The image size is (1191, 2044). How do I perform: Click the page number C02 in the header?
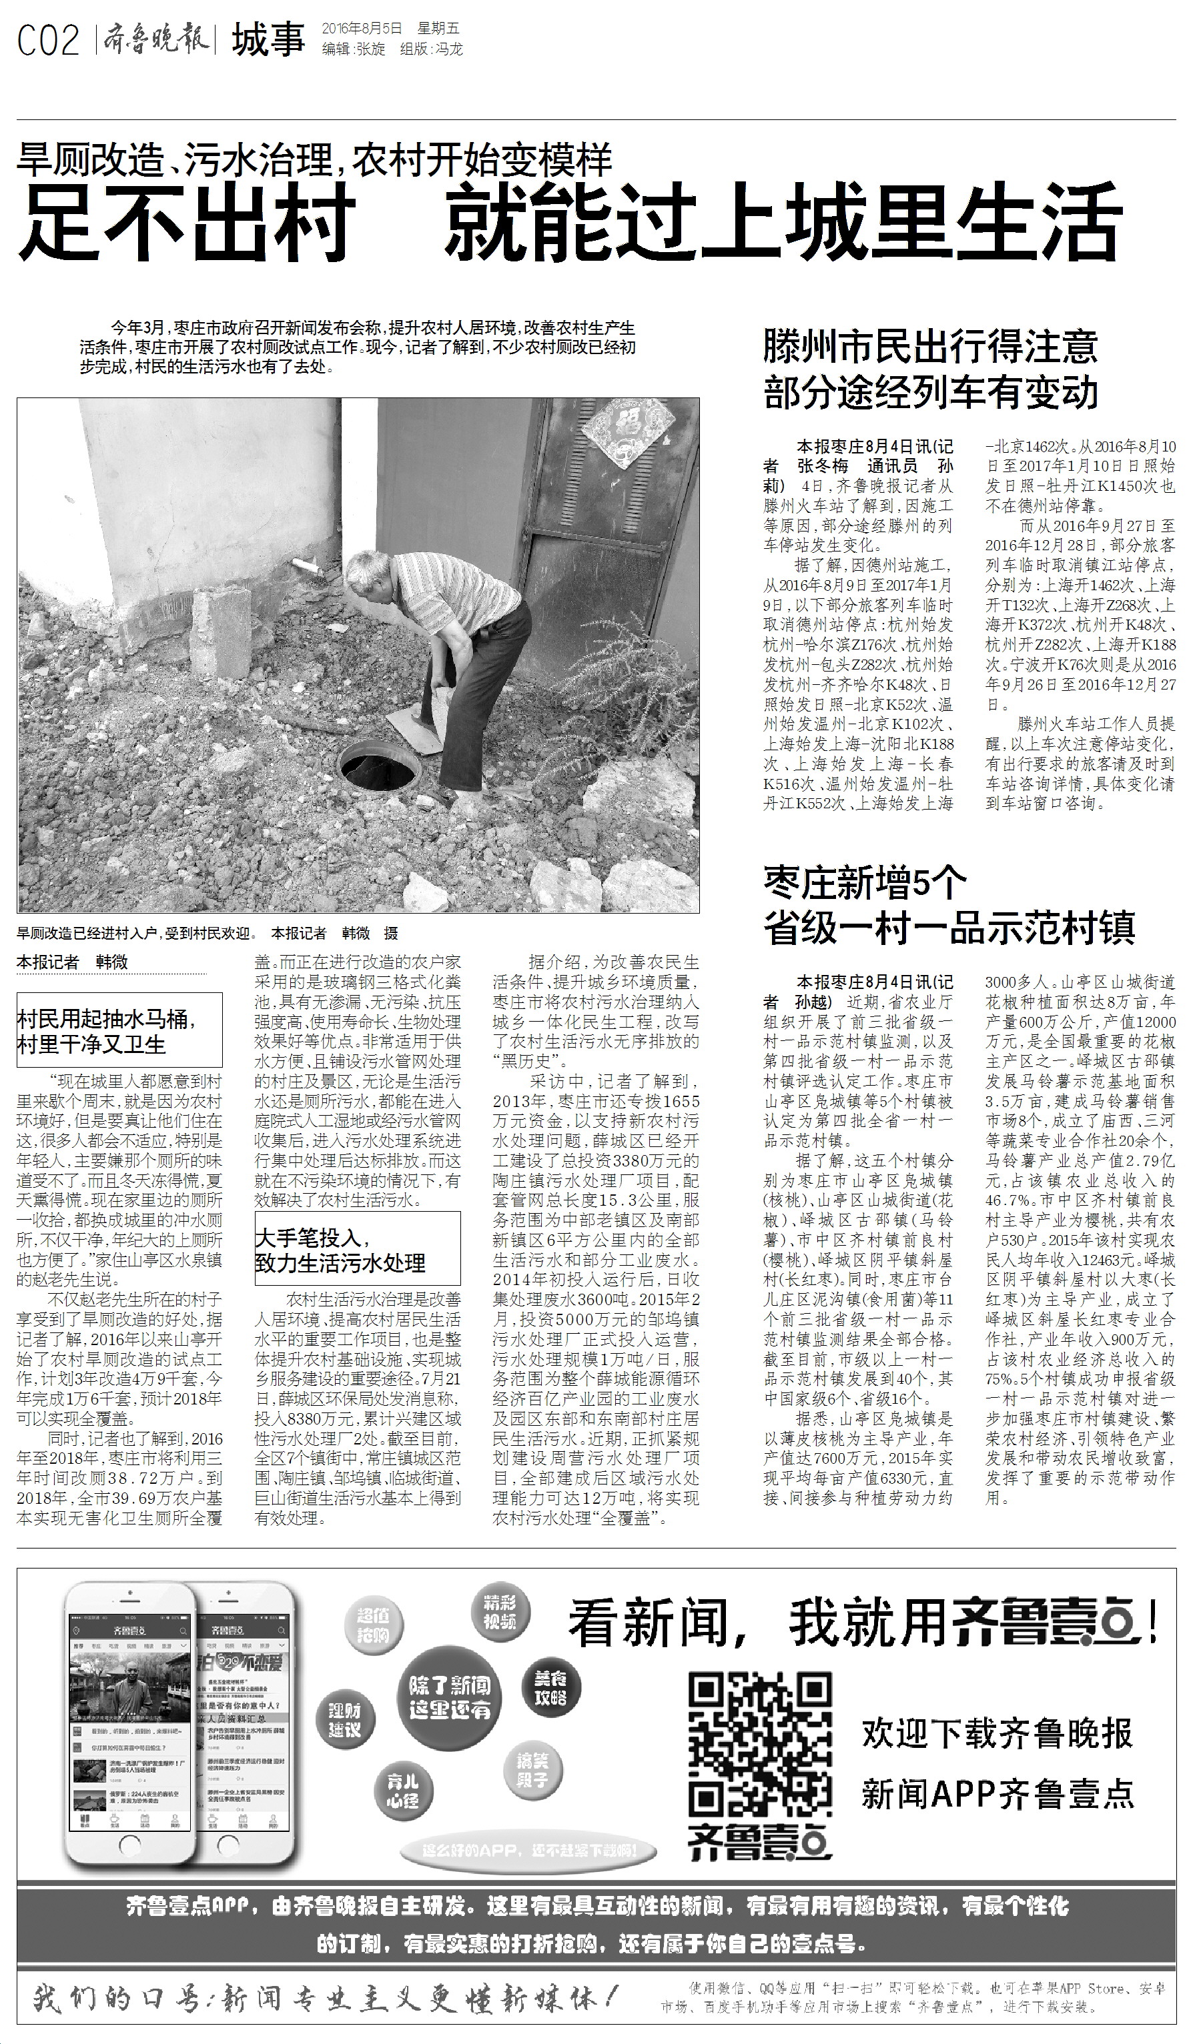[48, 41]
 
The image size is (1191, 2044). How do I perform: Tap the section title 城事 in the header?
[268, 41]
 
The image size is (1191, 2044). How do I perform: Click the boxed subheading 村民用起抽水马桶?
[119, 1032]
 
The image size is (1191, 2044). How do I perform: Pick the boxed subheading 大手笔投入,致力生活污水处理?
[357, 1250]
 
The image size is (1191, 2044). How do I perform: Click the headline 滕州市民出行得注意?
[929, 346]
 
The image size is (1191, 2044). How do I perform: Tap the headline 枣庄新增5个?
[865, 882]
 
